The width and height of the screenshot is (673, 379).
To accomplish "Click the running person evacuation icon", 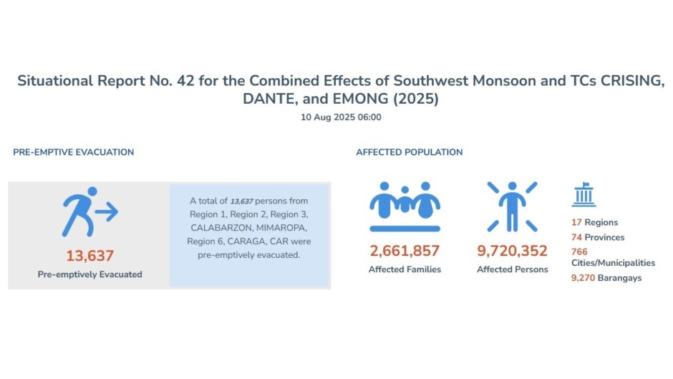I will tap(89, 212).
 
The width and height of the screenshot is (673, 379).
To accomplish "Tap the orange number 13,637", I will tap(89, 256).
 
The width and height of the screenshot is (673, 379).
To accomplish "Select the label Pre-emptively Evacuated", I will tap(89, 274).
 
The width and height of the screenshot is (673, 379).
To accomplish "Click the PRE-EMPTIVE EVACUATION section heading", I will tap(73, 152).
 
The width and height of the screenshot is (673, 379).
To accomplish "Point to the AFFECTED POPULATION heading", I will tap(409, 152).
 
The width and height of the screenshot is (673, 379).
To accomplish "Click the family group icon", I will tap(405, 206).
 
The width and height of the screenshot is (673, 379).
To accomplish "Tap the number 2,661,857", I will tap(405, 251).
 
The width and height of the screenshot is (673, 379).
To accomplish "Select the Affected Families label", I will tap(405, 269).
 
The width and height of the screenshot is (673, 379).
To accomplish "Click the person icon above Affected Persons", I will tap(512, 206).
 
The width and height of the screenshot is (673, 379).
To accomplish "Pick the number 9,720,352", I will tap(512, 251).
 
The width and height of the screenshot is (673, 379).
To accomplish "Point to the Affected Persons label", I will tap(512, 269).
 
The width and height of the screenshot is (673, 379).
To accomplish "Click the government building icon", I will tap(584, 194).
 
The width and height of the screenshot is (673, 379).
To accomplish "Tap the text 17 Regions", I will tap(594, 223).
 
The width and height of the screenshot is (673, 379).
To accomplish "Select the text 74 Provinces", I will tap(598, 237).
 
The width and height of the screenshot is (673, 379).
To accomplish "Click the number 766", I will tap(579, 251).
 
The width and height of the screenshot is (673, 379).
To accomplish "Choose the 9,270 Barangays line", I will tap(606, 278).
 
